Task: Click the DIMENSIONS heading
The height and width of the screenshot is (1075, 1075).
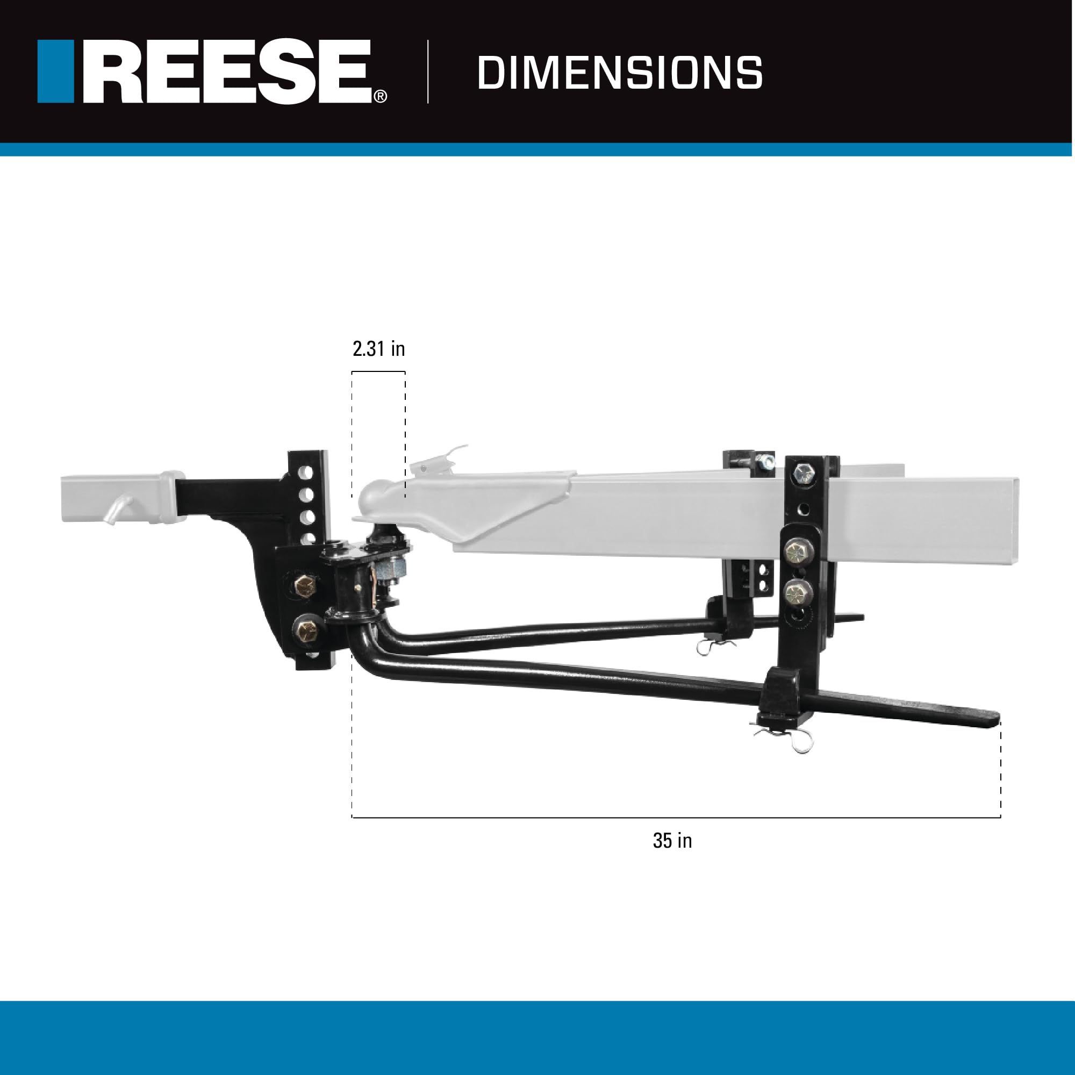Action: (619, 73)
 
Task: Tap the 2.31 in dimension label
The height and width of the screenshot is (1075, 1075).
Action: (378, 349)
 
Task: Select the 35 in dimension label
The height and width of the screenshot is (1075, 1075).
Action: (672, 840)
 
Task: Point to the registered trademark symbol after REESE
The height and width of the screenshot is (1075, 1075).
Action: (380, 97)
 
